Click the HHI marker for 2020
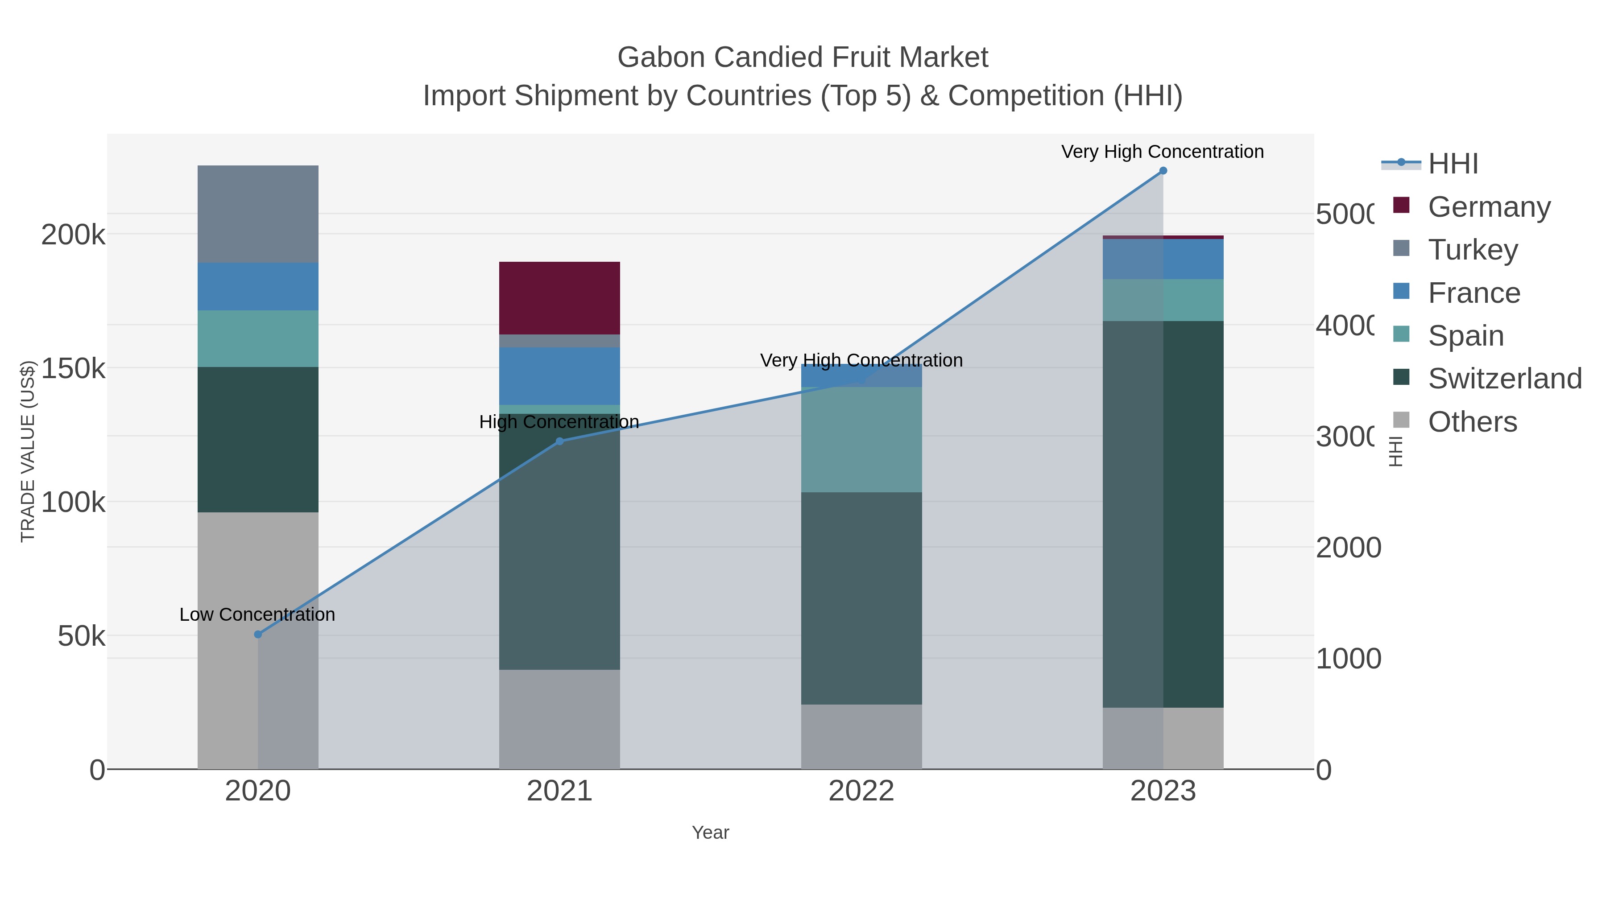pos(258,635)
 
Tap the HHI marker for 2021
pos(559,441)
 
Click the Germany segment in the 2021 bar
pos(559,298)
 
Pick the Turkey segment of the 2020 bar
pos(258,214)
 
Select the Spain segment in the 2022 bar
pos(861,439)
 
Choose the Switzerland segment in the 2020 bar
pos(258,439)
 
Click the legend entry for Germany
pos(1489,207)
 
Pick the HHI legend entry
pos(1453,164)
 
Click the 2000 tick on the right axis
pos(1348,548)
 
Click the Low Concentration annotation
pos(257,614)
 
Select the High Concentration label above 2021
pos(559,422)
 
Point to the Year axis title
pos(710,833)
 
